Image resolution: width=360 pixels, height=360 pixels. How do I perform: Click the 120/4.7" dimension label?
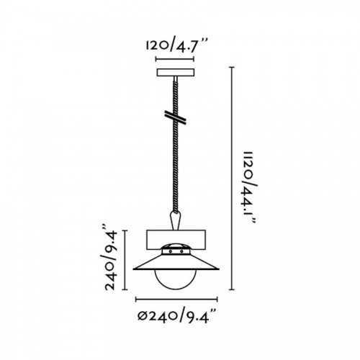click(x=175, y=46)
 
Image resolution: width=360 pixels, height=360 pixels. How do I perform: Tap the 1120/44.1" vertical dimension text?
click(x=250, y=188)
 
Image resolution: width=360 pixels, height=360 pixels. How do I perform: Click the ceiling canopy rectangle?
click(x=175, y=73)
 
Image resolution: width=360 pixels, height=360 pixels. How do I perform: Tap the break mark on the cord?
click(x=176, y=117)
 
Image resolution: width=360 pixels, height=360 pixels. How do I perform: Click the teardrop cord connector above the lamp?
click(x=176, y=220)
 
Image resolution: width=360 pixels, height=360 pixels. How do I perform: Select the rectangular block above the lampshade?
click(x=176, y=240)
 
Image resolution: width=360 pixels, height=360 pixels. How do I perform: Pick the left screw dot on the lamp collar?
click(x=170, y=251)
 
